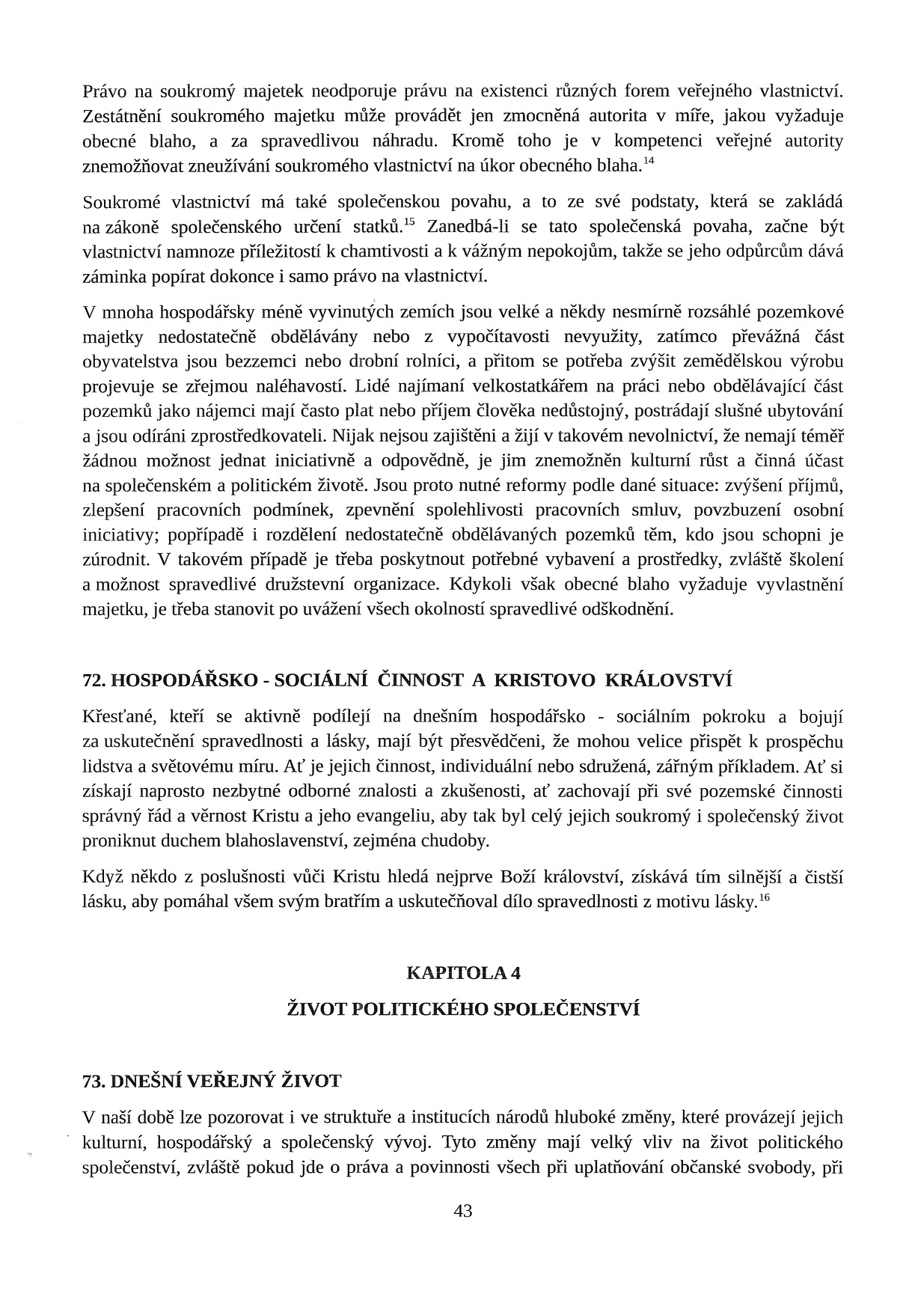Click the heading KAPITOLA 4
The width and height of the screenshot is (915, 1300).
pos(463,973)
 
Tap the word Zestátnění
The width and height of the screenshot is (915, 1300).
pos(122,117)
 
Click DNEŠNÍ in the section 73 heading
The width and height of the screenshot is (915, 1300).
pos(145,1081)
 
